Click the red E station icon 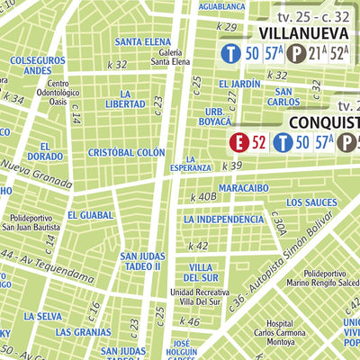[238, 141]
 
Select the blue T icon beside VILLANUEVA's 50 [231, 54]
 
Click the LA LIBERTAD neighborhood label [126, 99]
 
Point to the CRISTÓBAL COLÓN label [126, 153]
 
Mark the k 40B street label [202, 196]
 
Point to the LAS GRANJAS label [94, 331]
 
